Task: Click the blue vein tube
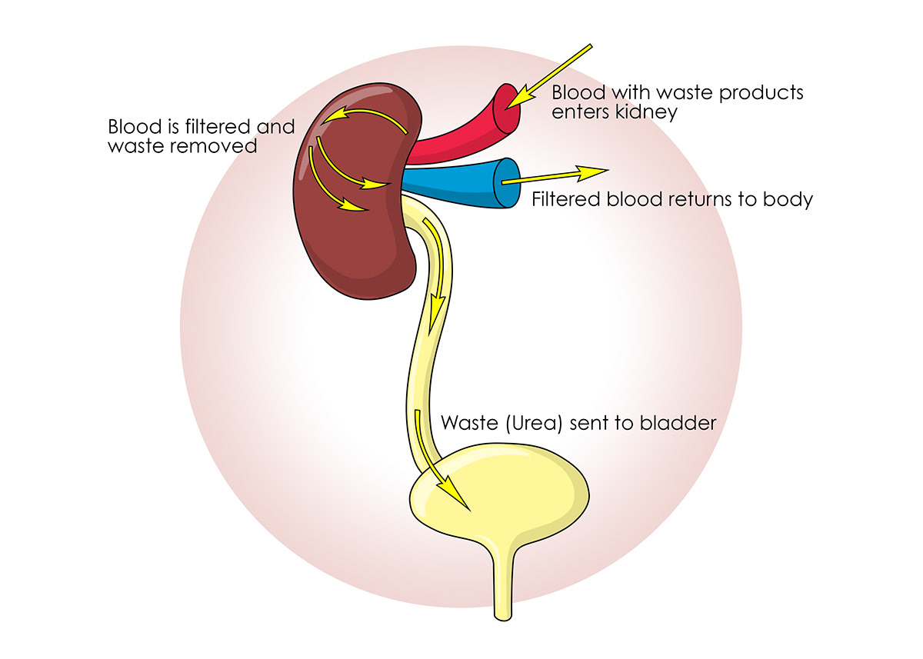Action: pos(454,185)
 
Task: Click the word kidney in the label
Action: pos(653,112)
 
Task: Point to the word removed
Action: pos(219,145)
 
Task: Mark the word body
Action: pos(792,200)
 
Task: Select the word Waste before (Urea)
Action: pos(468,423)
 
